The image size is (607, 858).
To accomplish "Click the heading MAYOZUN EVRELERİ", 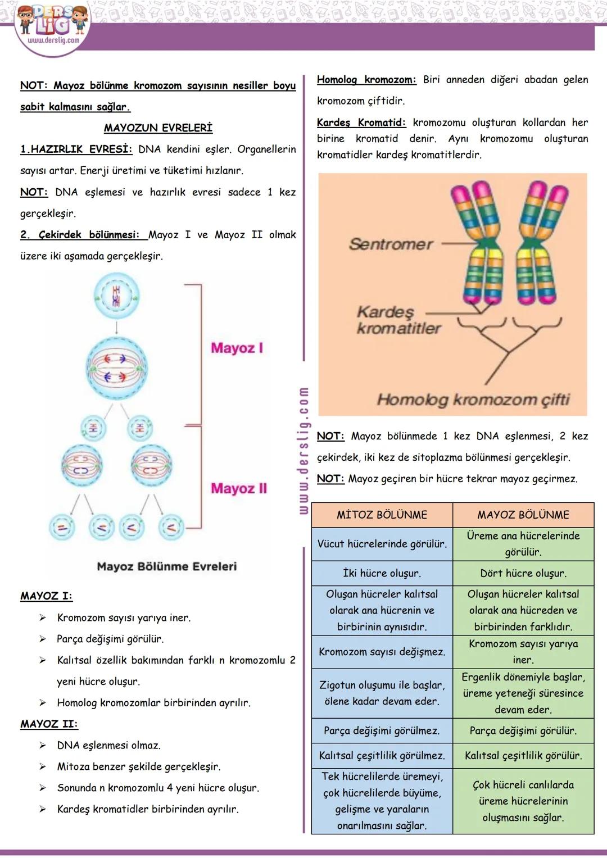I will (x=158, y=128).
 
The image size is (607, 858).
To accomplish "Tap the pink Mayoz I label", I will (x=237, y=348).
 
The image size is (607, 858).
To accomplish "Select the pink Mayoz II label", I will (x=239, y=489).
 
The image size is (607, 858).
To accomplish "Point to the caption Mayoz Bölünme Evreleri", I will (x=166, y=566).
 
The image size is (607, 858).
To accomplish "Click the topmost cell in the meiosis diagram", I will (x=116, y=296).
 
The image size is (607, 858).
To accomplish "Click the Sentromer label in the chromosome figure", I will (x=391, y=244).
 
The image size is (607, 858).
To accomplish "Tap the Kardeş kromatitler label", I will (x=398, y=320).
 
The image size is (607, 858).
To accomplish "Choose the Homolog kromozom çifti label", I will (x=473, y=400).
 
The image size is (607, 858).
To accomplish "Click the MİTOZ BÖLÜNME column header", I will (x=382, y=515).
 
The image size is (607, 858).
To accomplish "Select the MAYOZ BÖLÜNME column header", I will (x=523, y=515).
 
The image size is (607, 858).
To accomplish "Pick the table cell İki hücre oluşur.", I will (x=382, y=573).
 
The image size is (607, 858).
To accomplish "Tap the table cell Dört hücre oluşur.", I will (x=523, y=573).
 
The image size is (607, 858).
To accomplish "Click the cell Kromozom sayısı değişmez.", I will (x=382, y=652).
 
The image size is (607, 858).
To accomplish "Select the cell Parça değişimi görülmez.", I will (x=382, y=730).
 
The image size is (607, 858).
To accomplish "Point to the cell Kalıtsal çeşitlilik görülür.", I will (x=523, y=756).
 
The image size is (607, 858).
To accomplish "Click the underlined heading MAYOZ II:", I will (x=49, y=724).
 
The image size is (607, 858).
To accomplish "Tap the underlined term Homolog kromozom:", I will (x=366, y=80).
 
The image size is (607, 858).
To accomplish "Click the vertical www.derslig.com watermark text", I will (x=303, y=450).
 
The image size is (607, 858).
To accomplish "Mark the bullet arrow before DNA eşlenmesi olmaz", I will (x=43, y=746).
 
